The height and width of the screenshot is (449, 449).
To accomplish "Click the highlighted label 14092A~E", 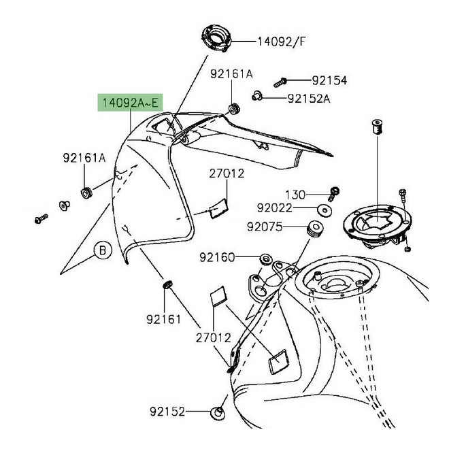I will tap(130, 103).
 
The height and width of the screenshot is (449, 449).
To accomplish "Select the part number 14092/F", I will tap(281, 41).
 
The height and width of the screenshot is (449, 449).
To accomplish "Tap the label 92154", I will tap(329, 80).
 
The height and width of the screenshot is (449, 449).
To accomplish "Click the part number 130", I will tap(296, 194).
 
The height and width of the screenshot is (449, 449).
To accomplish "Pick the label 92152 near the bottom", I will tap(167, 412).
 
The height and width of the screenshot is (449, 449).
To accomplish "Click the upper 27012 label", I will tap(227, 174).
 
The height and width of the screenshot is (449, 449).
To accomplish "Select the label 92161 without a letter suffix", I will tap(163, 318).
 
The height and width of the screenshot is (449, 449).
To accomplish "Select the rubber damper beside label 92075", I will tap(314, 227).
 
